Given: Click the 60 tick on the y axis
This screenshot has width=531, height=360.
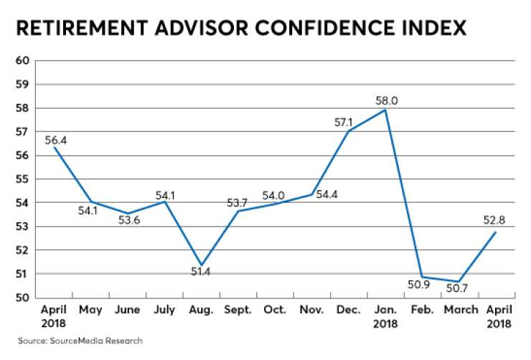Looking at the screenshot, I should point(22,60).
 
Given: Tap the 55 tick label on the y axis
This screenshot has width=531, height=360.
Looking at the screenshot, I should point(22,179).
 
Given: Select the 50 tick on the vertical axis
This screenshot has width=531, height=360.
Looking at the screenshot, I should point(22,298).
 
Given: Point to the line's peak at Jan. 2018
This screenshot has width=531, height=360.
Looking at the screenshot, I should point(386,110).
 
